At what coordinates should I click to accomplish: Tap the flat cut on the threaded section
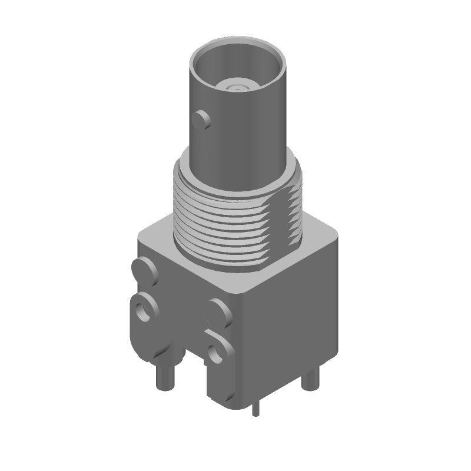point(293,212)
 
